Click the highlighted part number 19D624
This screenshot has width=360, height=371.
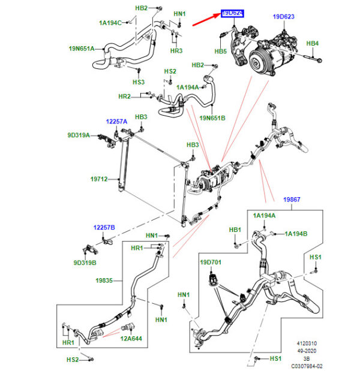[x=232, y=13]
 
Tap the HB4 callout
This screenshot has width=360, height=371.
[x=313, y=43]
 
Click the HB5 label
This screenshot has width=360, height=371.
[x=220, y=52]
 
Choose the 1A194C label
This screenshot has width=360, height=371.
[x=110, y=23]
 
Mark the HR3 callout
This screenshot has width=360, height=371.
[x=176, y=50]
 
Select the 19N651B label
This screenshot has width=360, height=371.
[x=212, y=118]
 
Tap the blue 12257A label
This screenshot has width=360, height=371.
[x=117, y=121]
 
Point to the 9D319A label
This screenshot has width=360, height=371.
[x=78, y=135]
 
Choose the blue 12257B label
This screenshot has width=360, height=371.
[x=103, y=228]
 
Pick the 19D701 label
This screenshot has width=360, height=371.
[x=211, y=262]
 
